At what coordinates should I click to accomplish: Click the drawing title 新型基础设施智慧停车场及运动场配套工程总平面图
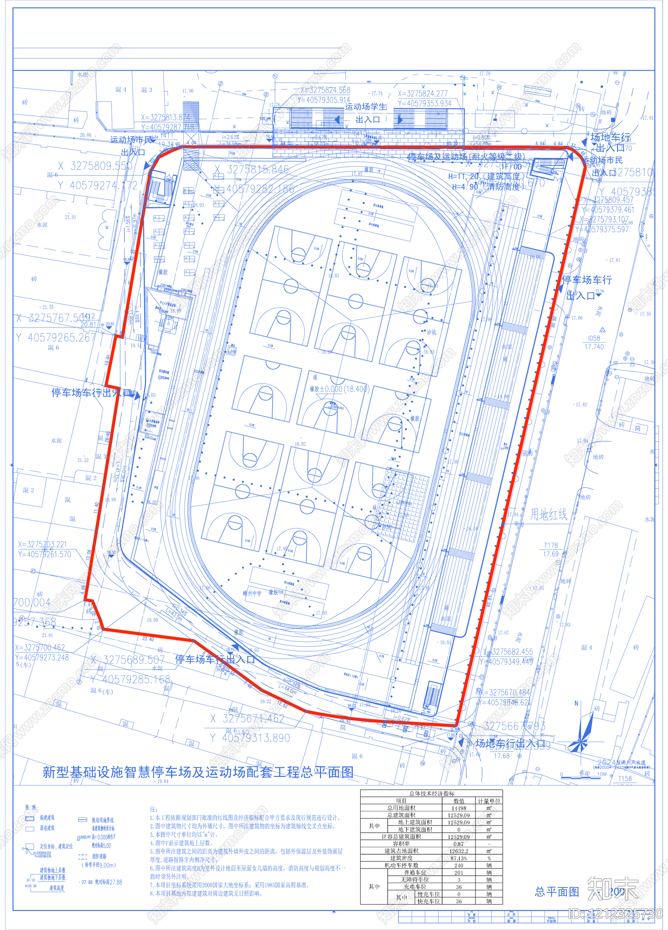tap(198, 772)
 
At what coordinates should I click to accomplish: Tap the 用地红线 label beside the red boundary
tap(549, 515)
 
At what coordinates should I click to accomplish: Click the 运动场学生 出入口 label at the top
tap(366, 113)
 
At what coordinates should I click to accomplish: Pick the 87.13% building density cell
tap(458, 858)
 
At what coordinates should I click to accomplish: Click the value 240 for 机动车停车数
tap(458, 866)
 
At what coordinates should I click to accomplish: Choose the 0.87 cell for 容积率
tap(458, 844)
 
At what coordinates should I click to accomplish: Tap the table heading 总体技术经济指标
tap(432, 794)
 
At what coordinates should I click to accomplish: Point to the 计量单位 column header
tap(489, 801)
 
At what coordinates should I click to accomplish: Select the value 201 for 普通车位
tap(458, 873)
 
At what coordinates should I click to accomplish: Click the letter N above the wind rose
tap(577, 704)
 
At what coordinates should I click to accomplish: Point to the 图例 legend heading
tap(31, 808)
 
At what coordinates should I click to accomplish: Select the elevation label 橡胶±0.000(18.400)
tap(339, 389)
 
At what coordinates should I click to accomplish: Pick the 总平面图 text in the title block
tap(557, 892)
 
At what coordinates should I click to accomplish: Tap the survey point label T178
tap(551, 545)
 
